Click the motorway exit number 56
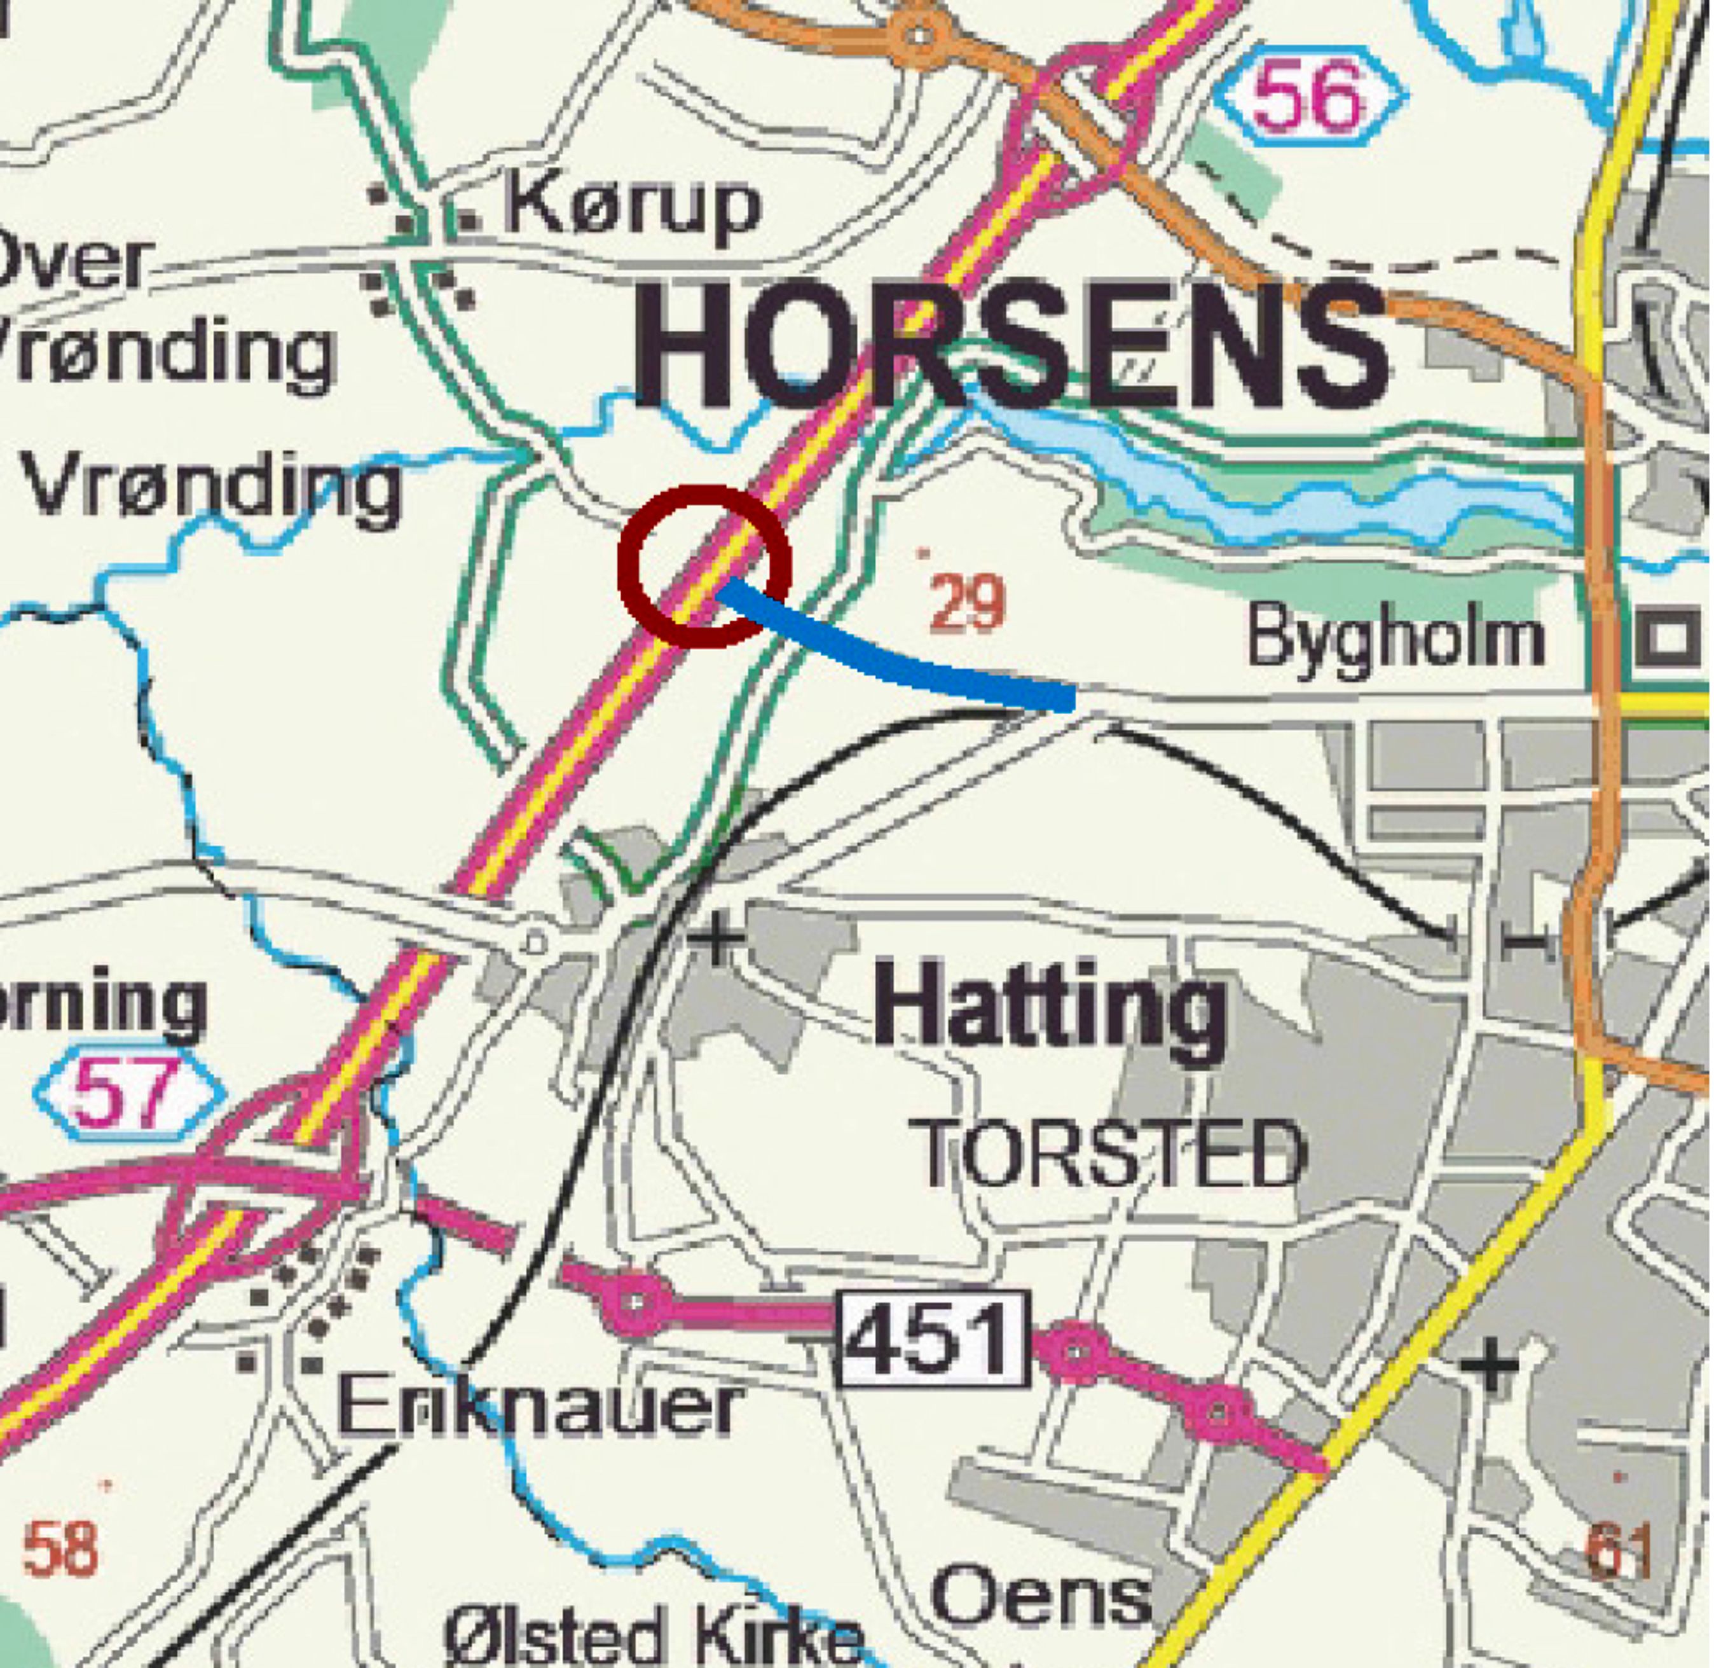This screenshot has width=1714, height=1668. coord(1308,97)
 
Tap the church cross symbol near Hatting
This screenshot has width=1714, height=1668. coord(716,939)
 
